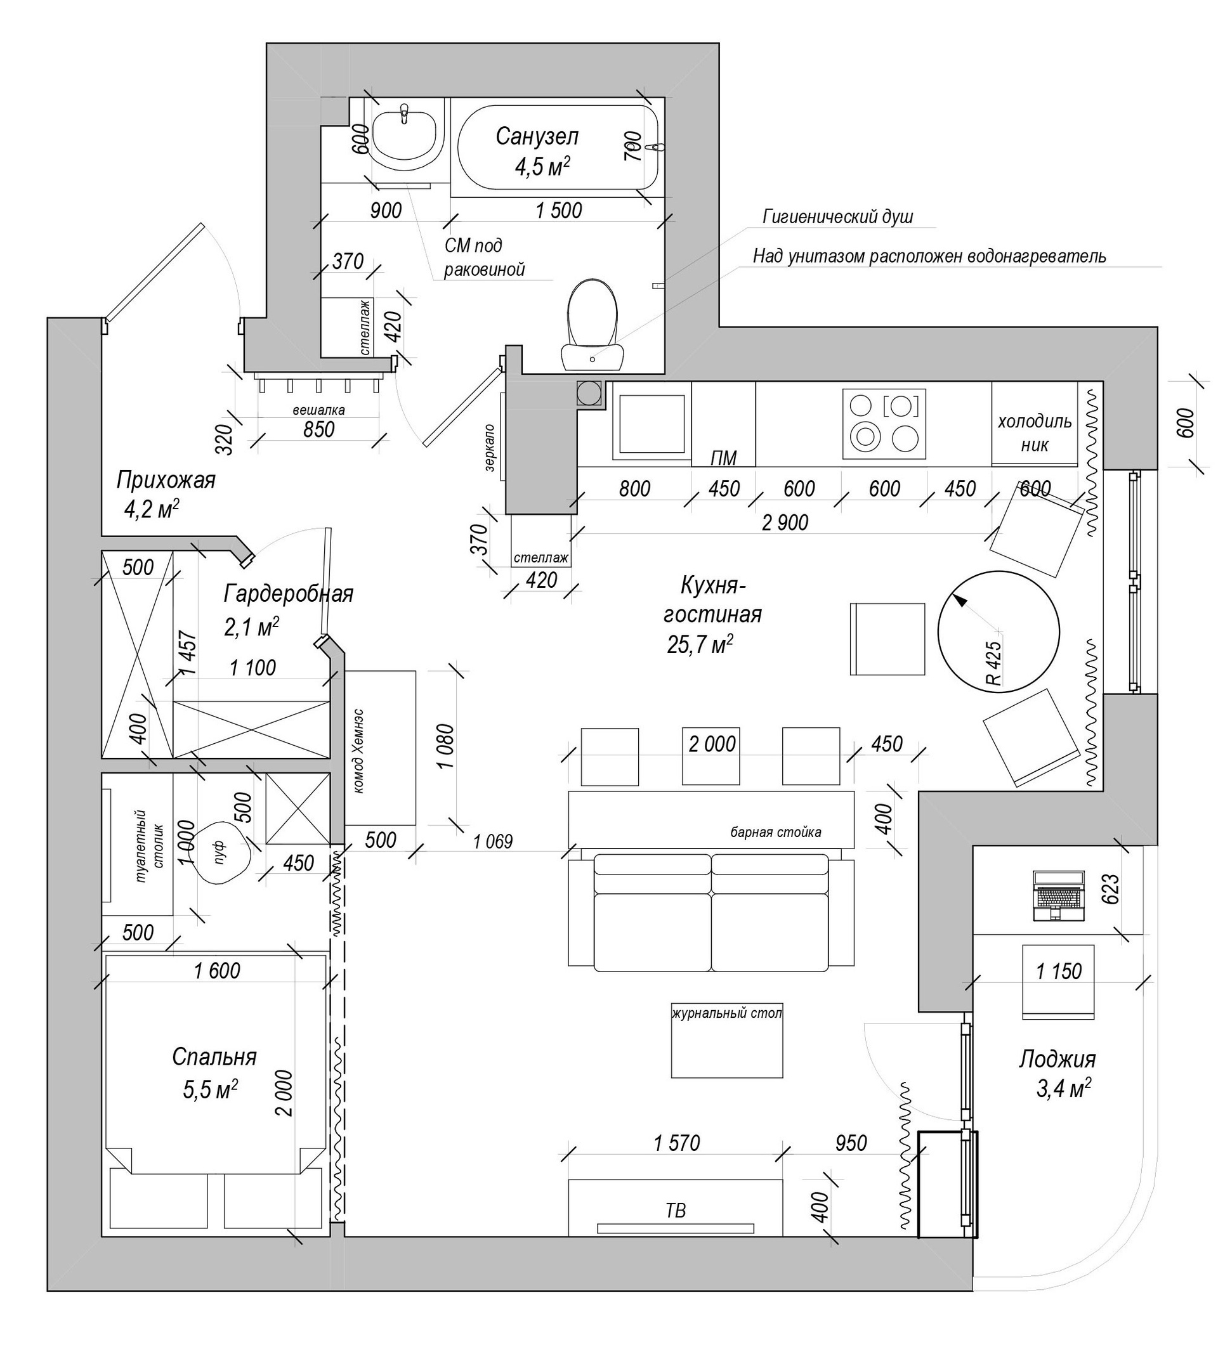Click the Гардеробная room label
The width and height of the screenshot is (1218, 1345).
point(288,593)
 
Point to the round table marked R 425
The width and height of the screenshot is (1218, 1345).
point(998,633)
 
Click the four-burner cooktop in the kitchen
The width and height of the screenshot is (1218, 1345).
point(884,424)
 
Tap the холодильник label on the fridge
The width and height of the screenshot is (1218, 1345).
point(1034,432)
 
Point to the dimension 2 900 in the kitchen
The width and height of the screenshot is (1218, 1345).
point(785,523)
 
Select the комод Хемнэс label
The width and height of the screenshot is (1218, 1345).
point(360,750)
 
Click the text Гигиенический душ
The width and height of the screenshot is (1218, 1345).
point(837,217)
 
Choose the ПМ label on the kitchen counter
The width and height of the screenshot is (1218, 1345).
point(723,458)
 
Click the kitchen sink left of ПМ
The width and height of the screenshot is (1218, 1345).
point(652,423)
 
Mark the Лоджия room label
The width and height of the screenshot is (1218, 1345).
point(1056,1059)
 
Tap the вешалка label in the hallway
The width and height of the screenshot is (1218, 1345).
point(318,410)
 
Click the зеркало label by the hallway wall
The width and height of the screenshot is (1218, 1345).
point(490,448)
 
